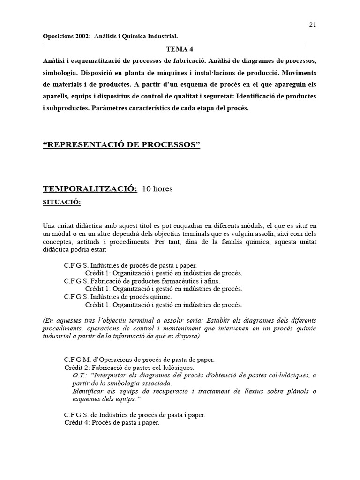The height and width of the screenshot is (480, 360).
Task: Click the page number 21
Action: coord(313,25)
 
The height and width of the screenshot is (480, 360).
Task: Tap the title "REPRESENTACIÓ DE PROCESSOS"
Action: coord(121,145)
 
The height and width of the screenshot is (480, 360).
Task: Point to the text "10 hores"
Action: coord(157,189)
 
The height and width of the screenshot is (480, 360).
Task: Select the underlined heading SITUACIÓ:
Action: coord(62,202)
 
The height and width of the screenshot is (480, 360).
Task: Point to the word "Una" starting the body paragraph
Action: coord(49,226)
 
